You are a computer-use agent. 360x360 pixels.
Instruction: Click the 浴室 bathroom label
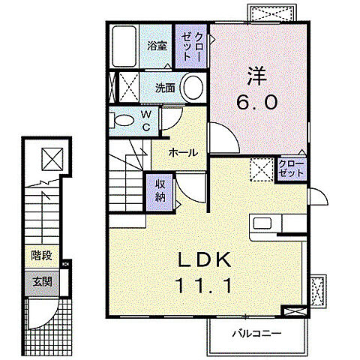(157, 46)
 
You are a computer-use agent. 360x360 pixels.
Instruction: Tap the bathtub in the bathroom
(124, 46)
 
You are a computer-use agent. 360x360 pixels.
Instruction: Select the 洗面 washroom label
(165, 88)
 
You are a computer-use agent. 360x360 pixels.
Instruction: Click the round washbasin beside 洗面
(193, 88)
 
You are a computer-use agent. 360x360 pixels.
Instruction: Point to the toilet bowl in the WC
(123, 120)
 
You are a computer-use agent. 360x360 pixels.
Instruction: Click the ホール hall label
(183, 152)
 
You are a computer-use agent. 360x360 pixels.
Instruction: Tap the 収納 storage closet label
(160, 190)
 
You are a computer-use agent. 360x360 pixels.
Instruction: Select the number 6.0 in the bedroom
(257, 102)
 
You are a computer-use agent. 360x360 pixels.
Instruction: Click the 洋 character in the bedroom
(257, 75)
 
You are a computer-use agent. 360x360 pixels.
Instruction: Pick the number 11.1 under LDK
(204, 286)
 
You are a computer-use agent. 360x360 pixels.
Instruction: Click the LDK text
(204, 260)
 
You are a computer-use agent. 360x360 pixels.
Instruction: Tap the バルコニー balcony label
(257, 334)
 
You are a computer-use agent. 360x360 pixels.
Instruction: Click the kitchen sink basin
(262, 223)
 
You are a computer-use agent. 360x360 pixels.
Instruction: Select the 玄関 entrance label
(43, 282)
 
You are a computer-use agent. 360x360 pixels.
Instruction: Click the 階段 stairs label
(41, 256)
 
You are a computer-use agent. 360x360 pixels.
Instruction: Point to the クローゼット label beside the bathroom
(190, 46)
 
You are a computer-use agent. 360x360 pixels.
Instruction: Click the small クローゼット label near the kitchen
(291, 169)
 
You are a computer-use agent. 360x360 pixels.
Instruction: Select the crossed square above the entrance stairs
(52, 160)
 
